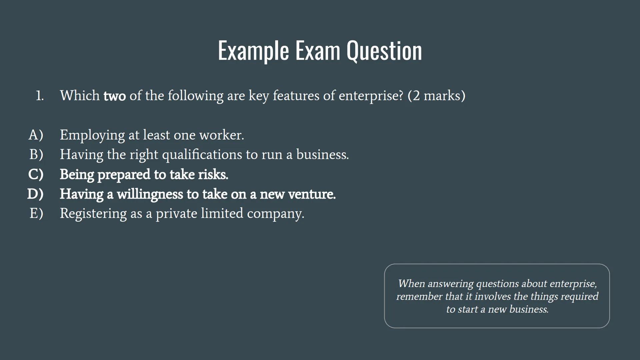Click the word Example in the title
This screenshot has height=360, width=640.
253,51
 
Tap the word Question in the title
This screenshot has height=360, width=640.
384,51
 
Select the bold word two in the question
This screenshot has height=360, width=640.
115,96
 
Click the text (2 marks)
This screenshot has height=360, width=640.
436,96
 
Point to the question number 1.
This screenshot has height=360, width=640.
40,96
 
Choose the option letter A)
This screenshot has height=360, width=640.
36,135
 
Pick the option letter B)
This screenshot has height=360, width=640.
36,155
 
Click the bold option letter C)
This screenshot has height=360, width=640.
36,174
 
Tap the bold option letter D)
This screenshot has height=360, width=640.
35,194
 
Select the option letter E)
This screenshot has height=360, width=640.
36,213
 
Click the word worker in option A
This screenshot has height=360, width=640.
222,135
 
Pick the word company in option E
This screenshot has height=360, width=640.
276,214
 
